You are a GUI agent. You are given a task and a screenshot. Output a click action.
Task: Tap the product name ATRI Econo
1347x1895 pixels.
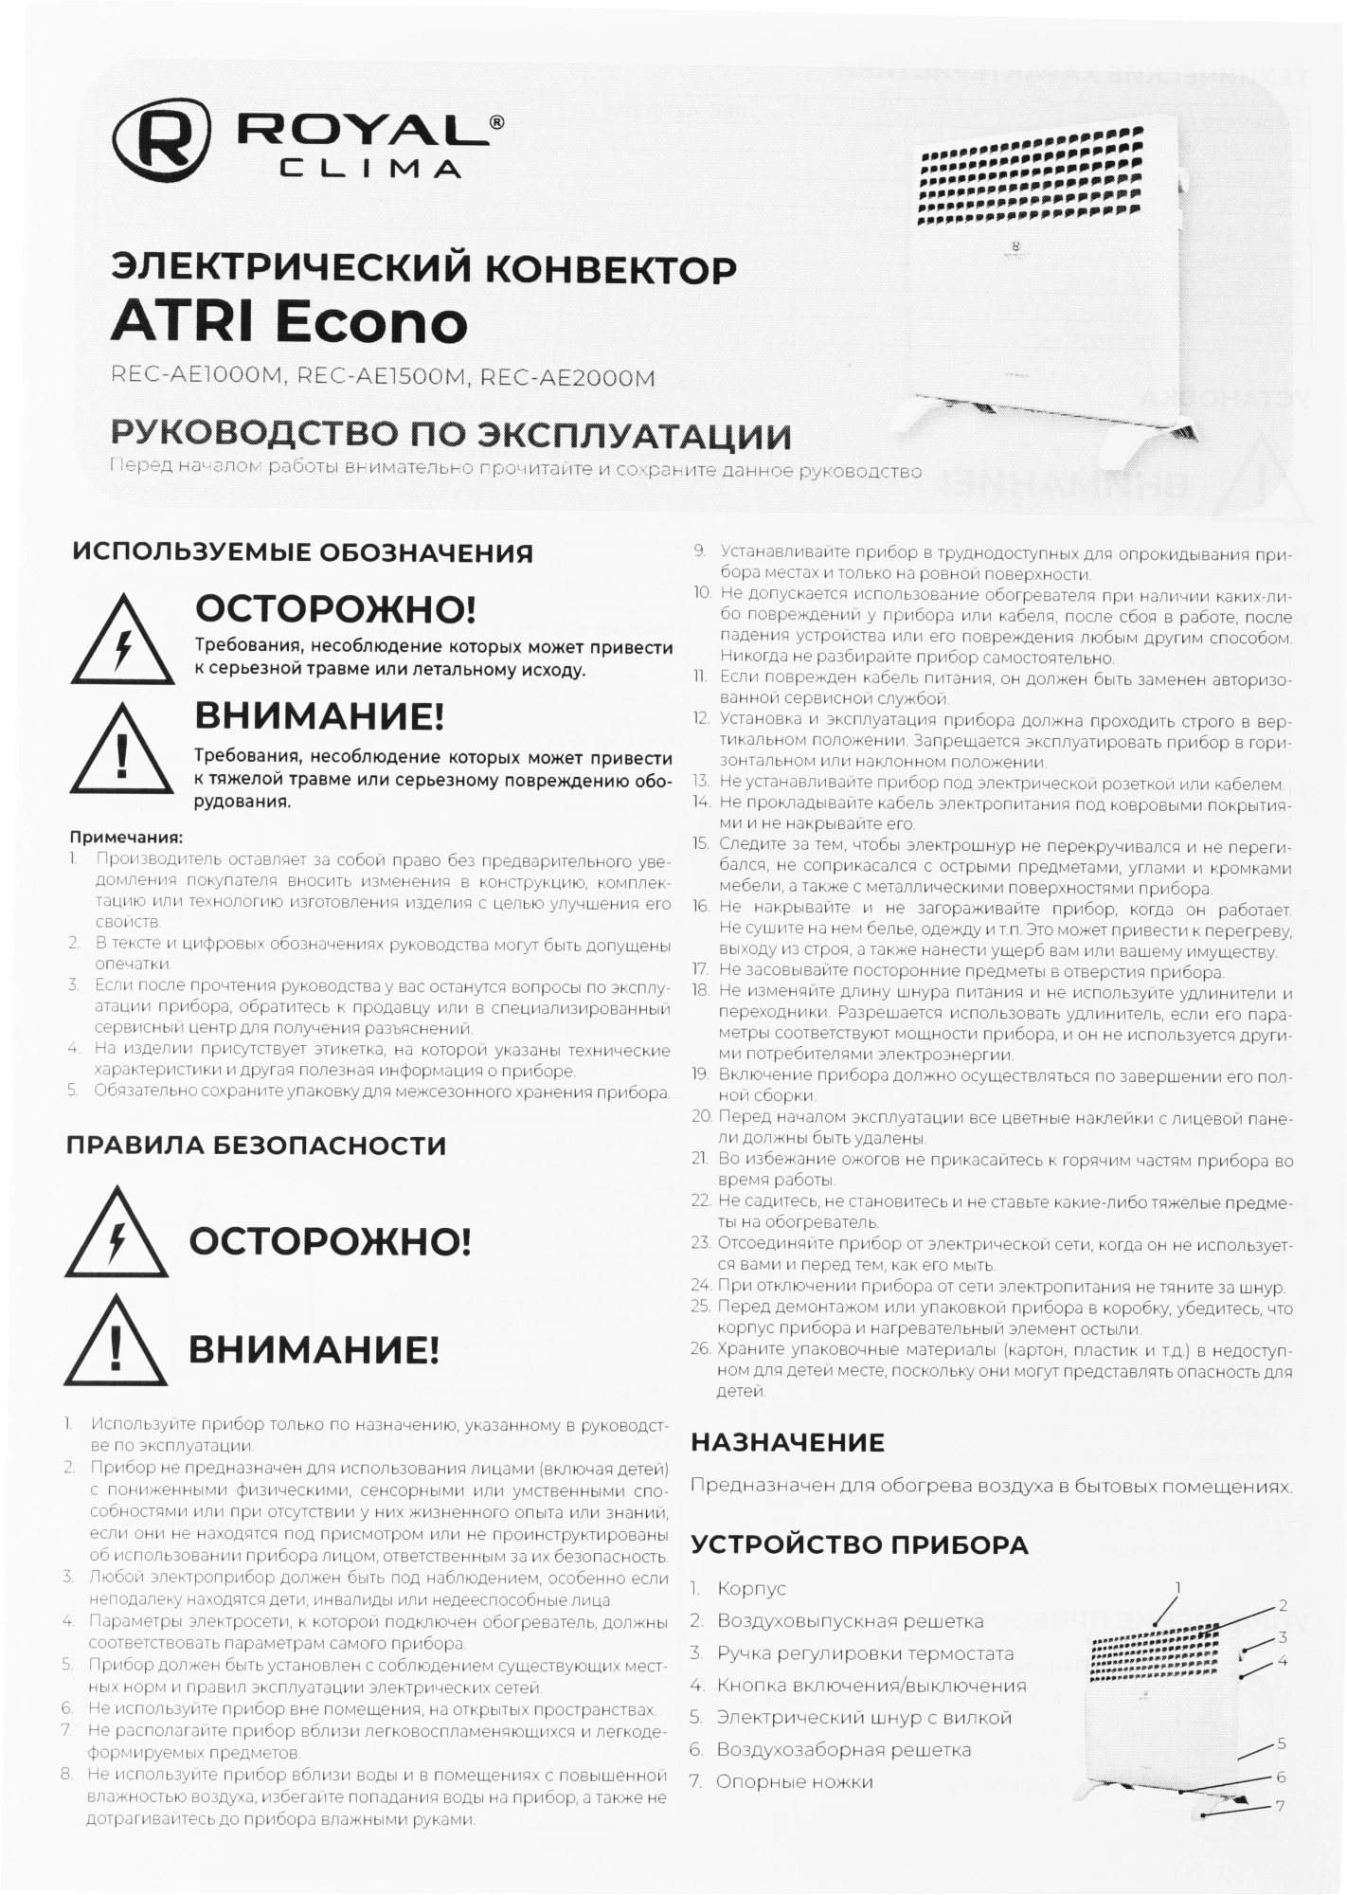[289, 322]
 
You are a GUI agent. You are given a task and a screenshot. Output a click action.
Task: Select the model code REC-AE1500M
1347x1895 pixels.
[382, 377]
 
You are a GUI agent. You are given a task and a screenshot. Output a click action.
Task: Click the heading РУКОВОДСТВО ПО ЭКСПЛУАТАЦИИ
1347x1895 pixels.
[450, 436]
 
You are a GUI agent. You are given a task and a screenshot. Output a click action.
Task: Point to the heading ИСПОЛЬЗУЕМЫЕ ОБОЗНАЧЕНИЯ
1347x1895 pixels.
[302, 552]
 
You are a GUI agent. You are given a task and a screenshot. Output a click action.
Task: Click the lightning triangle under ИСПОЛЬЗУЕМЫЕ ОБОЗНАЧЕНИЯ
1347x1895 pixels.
[122, 641]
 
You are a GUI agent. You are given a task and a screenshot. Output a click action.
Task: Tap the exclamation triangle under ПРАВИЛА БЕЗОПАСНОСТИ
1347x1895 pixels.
[116, 1343]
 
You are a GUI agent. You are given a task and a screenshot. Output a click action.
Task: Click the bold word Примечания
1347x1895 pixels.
[126, 838]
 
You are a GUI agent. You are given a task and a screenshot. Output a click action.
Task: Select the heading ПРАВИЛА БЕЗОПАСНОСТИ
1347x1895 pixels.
[256, 1146]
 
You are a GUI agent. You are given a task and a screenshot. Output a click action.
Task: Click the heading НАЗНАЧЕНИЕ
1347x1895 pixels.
[787, 1442]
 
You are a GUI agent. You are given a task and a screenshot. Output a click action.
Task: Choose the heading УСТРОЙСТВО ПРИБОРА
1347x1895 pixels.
[858, 1545]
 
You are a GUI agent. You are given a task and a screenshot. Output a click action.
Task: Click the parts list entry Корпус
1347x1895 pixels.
[751, 1589]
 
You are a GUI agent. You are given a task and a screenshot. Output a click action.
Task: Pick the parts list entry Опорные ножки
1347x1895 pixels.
[794, 1782]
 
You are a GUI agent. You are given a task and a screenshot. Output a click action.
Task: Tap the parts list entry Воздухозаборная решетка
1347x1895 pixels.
[843, 1750]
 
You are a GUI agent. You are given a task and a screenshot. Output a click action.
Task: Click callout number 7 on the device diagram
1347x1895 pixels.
[1280, 1806]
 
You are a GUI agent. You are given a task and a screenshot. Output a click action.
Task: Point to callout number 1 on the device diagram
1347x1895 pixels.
[1177, 1586]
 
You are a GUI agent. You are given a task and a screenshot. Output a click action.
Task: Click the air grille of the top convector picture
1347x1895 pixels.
[1037, 176]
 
